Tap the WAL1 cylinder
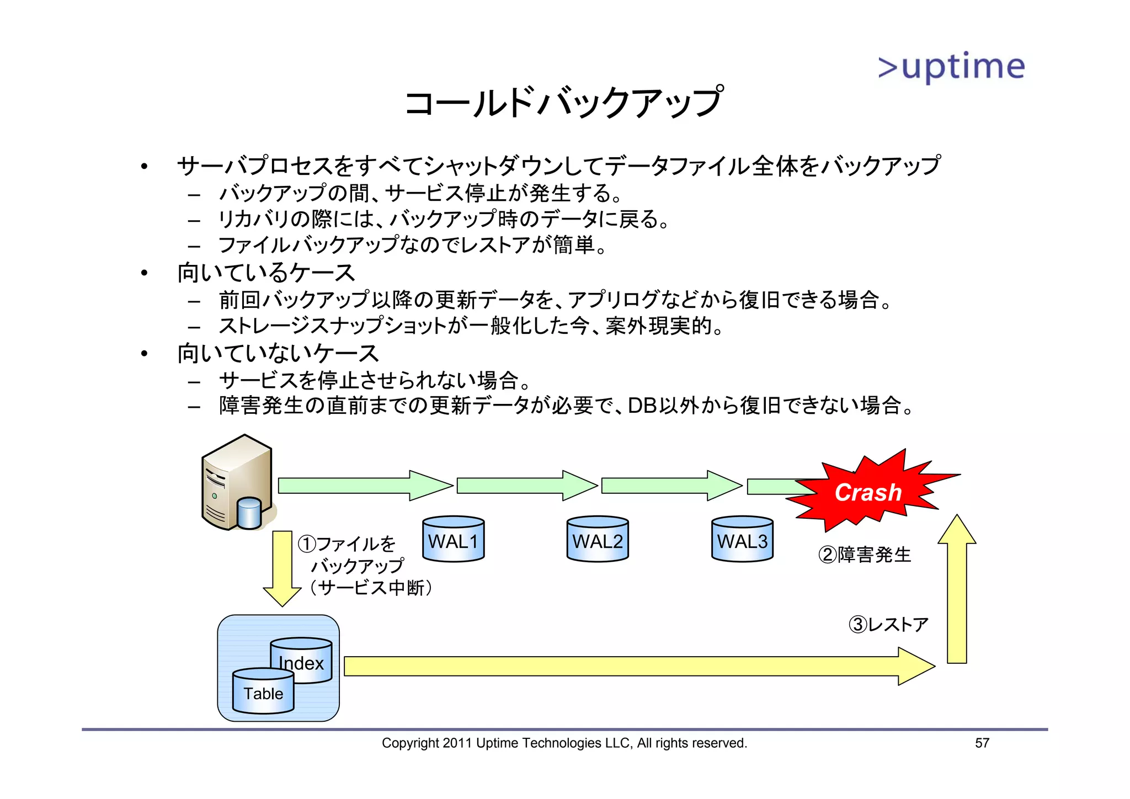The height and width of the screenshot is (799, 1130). pos(453,540)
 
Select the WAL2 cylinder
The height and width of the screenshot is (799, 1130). pos(598,540)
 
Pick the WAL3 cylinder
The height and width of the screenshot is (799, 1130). pos(742,540)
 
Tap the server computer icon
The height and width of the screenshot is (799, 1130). pos(237,483)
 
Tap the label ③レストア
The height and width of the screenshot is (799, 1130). pos(888,625)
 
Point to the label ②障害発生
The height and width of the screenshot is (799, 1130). pos(865,555)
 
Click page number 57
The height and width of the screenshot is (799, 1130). pos(982,743)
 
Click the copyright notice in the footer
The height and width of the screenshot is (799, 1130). pos(564,743)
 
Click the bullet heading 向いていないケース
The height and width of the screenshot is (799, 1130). pos(278,353)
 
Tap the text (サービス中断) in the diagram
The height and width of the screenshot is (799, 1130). pos(371,588)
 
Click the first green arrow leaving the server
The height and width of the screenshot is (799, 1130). pos(364,486)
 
